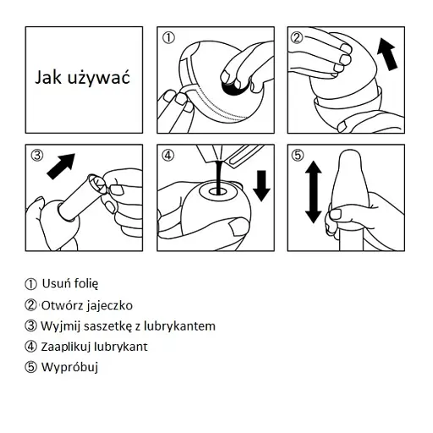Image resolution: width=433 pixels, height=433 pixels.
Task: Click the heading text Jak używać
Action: [82, 77]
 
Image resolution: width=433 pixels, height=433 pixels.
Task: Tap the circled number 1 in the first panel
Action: [168, 37]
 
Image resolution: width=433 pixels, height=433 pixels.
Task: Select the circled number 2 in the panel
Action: [297, 37]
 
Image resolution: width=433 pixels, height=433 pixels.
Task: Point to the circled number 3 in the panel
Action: [37, 155]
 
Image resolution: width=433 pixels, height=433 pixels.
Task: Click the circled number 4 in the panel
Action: [168, 155]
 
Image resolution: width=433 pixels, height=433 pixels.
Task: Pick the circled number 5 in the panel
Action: [298, 155]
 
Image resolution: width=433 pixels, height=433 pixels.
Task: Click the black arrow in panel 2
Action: [387, 54]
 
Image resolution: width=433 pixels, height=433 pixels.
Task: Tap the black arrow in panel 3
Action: [61, 167]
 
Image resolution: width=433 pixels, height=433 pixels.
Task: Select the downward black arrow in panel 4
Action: [261, 185]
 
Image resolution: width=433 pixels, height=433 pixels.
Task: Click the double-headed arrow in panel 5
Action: [314, 192]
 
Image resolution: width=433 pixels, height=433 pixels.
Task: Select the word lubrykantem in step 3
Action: [179, 326]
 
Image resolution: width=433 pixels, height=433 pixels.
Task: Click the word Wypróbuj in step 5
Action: [69, 367]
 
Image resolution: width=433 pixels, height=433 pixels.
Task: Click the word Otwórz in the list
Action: [63, 305]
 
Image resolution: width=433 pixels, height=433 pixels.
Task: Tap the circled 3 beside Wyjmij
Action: [30, 326]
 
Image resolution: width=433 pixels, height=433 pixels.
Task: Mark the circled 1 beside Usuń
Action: [30, 284]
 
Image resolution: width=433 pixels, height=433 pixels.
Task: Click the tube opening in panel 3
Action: [97, 184]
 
